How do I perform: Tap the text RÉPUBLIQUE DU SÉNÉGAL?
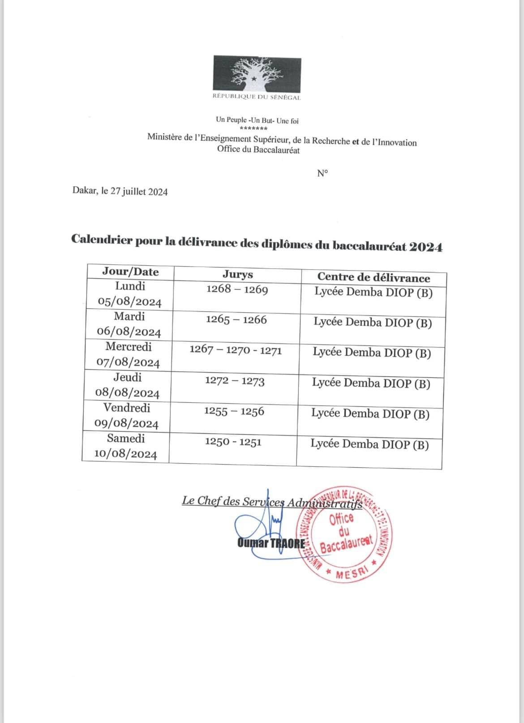pyautogui.click(x=257, y=97)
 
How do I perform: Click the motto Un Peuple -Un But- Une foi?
pyautogui.click(x=257, y=120)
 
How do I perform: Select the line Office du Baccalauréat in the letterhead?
pyautogui.click(x=258, y=150)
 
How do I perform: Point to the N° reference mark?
pyautogui.click(x=322, y=173)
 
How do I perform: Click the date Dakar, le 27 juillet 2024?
pyautogui.click(x=120, y=192)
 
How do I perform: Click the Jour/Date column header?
pyautogui.click(x=130, y=272)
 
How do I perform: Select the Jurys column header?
pyautogui.click(x=238, y=275)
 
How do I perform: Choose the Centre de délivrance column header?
pyautogui.click(x=374, y=278)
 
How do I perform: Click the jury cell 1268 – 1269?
pyautogui.click(x=237, y=289)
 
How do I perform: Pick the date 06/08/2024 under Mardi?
pyautogui.click(x=129, y=332)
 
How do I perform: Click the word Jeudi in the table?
pyautogui.click(x=128, y=377)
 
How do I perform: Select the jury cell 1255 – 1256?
pyautogui.click(x=234, y=411)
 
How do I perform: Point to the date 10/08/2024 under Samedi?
pyautogui.click(x=126, y=454)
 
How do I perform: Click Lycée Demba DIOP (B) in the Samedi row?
pyautogui.click(x=369, y=444)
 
